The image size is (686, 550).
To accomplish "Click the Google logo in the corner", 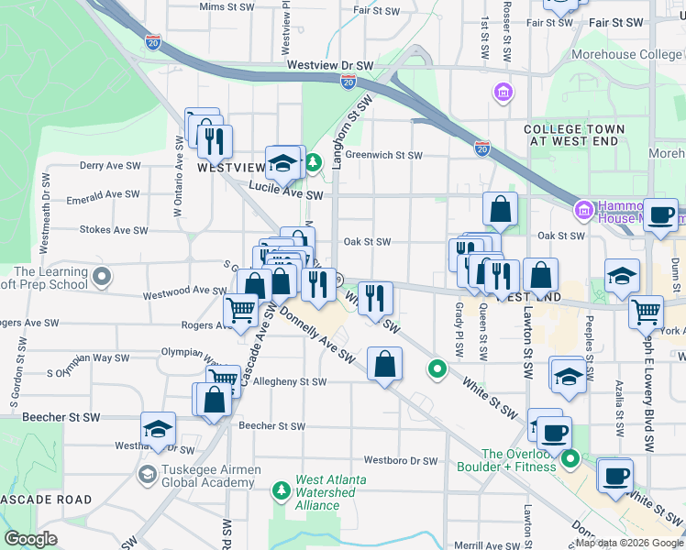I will [31, 538].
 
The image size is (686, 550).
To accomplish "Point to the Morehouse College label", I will [627, 55].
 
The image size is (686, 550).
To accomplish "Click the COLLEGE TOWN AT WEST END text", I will [579, 136].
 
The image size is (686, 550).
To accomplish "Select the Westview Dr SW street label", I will [329, 66].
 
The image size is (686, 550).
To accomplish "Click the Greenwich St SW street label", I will [383, 155].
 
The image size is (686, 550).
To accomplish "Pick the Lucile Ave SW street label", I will [286, 194].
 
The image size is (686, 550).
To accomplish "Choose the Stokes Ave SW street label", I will [110, 230].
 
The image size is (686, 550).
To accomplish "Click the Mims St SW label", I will [225, 6].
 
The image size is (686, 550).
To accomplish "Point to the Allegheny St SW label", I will [289, 381].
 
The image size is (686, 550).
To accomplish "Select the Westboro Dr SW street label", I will [401, 460].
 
